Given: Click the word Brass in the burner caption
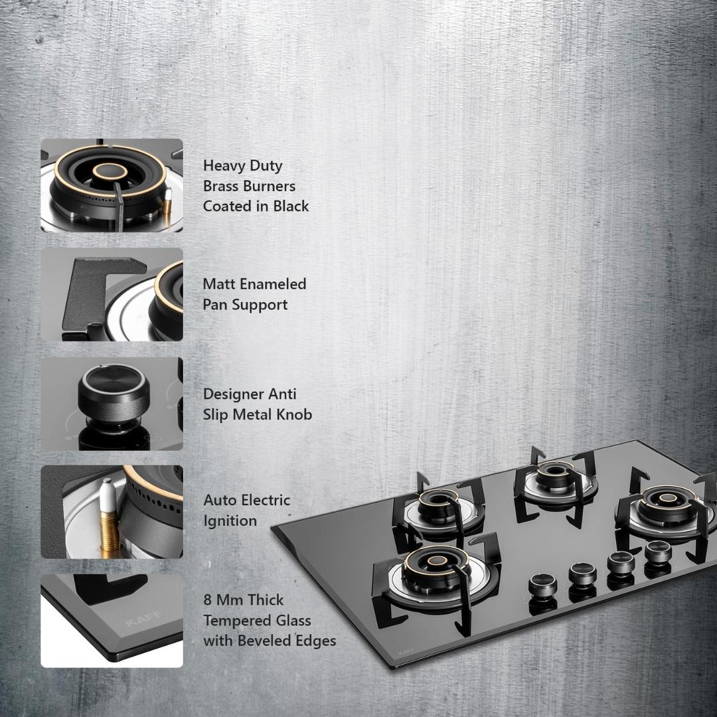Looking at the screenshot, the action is [223, 186].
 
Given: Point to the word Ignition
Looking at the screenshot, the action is [230, 521].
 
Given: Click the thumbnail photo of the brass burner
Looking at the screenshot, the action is [112, 185].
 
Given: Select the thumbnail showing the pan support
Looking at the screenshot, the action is [112, 295].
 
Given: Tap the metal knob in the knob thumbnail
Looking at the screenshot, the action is [114, 393].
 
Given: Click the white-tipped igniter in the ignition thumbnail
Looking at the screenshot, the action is [108, 517].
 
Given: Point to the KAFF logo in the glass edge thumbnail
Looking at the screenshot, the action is [143, 619].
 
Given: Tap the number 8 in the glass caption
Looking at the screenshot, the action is [207, 600].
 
